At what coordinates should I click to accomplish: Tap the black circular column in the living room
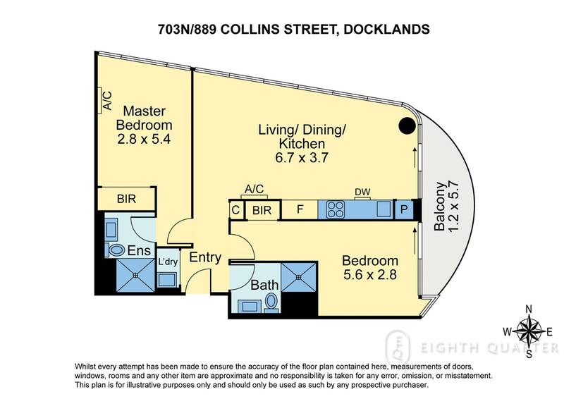(407, 126)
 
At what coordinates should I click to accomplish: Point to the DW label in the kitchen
(362, 191)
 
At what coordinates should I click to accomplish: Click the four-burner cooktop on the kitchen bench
(333, 209)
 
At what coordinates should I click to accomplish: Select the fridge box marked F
(299, 209)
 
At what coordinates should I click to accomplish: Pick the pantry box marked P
(404, 209)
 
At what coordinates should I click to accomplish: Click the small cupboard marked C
(235, 209)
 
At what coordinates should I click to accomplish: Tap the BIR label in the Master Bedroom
(128, 199)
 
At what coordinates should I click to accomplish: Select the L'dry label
(167, 262)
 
